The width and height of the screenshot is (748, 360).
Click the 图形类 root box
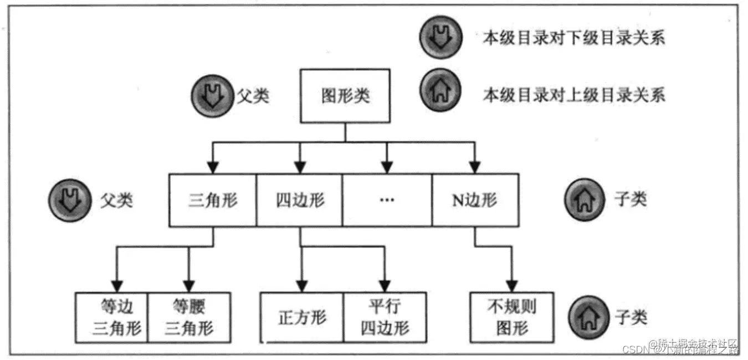(345, 96)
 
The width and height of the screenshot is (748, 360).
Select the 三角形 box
(213, 200)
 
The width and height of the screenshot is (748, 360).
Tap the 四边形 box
(300, 200)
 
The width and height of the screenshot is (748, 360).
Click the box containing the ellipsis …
(387, 200)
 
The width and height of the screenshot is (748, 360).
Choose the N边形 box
(475, 200)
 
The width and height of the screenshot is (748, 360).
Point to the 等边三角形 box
(112, 317)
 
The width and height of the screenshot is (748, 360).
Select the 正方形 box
(302, 317)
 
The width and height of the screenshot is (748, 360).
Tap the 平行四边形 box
(385, 317)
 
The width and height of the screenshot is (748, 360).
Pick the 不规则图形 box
(511, 317)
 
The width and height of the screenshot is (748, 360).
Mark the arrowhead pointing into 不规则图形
(511, 286)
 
